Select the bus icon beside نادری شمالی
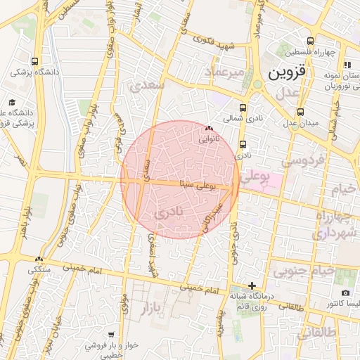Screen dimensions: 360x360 point(243,108)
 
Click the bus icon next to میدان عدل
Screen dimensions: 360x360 point(300,111)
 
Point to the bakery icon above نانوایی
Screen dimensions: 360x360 point(208,129)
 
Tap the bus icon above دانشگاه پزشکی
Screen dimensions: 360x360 point(35,61)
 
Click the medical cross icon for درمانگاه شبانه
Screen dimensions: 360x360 point(252,285)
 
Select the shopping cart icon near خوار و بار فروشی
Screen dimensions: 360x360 point(111,335)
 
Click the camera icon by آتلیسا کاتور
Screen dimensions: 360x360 point(345,292)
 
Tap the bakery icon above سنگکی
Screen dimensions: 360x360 point(39,259)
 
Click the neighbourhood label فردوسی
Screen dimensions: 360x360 point(302,160)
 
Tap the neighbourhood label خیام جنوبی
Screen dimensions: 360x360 point(302,269)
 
